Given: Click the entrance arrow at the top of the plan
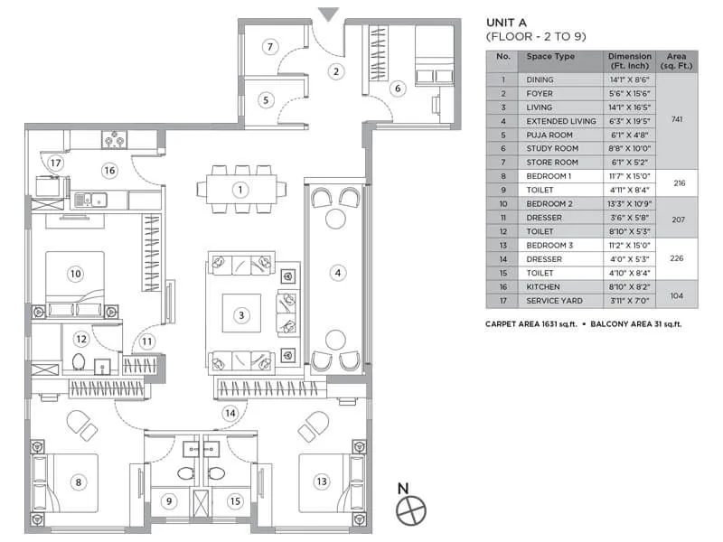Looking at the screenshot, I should pyautogui.click(x=329, y=14).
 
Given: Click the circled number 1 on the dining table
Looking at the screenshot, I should pyautogui.click(x=239, y=190).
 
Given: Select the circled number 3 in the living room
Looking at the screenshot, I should pyautogui.click(x=241, y=315).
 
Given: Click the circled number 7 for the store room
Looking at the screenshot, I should pyautogui.click(x=269, y=47).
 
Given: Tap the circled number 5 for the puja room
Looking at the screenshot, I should pyautogui.click(x=266, y=100).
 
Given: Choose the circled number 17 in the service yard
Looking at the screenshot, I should pyautogui.click(x=55, y=164).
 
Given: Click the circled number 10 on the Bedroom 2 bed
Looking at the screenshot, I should pyautogui.click(x=75, y=272).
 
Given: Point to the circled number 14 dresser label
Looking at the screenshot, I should pyautogui.click(x=230, y=413).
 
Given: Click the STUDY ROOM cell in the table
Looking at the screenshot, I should pyautogui.click(x=552, y=148).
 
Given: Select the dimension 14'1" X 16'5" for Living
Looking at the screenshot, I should pyautogui.click(x=630, y=107).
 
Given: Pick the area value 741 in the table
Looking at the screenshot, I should pyautogui.click(x=679, y=119).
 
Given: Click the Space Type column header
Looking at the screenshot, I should pyautogui.click(x=551, y=57).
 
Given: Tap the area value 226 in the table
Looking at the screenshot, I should pyautogui.click(x=679, y=258).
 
